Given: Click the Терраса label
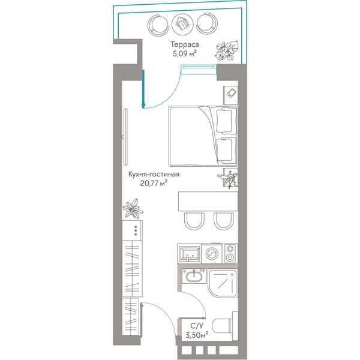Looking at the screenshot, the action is click(x=184, y=44).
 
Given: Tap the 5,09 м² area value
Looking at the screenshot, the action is click(x=185, y=54).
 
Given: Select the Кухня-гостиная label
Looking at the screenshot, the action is click(x=154, y=174).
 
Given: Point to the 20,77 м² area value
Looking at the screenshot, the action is click(x=154, y=183).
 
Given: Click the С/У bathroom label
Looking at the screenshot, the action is click(x=197, y=326).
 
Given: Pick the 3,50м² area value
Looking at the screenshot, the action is click(x=197, y=335).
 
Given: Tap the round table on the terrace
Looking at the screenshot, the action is click(x=182, y=24).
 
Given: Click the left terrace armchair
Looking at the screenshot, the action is click(x=158, y=25).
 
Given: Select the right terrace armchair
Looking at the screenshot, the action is click(x=207, y=25).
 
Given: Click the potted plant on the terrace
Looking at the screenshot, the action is click(x=227, y=50).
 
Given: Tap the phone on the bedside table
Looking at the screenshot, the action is click(x=231, y=93).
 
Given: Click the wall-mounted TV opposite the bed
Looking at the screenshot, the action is click(x=125, y=137).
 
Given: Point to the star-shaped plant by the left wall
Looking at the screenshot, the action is click(x=133, y=208).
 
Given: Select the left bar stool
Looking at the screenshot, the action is click(x=194, y=221).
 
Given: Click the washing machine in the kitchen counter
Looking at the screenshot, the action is click(x=212, y=254).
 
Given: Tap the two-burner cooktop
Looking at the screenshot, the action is click(x=230, y=253).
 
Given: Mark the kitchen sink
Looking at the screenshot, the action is click(x=189, y=254).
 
